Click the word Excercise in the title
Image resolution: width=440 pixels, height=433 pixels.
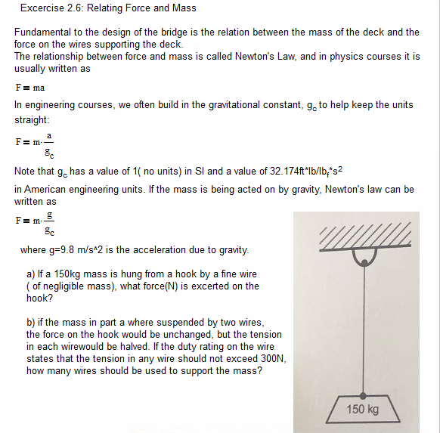tap(43, 8)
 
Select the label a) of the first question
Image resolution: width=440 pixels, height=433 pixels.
tap(31, 274)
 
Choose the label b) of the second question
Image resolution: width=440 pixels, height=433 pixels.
tap(31, 322)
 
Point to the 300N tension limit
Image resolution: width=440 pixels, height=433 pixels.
tap(273, 358)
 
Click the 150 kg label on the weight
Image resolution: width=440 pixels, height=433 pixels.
tap(363, 410)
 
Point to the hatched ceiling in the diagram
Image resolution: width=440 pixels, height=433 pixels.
tap(364, 234)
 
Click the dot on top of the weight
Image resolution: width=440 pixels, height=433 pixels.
tap(364, 394)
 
